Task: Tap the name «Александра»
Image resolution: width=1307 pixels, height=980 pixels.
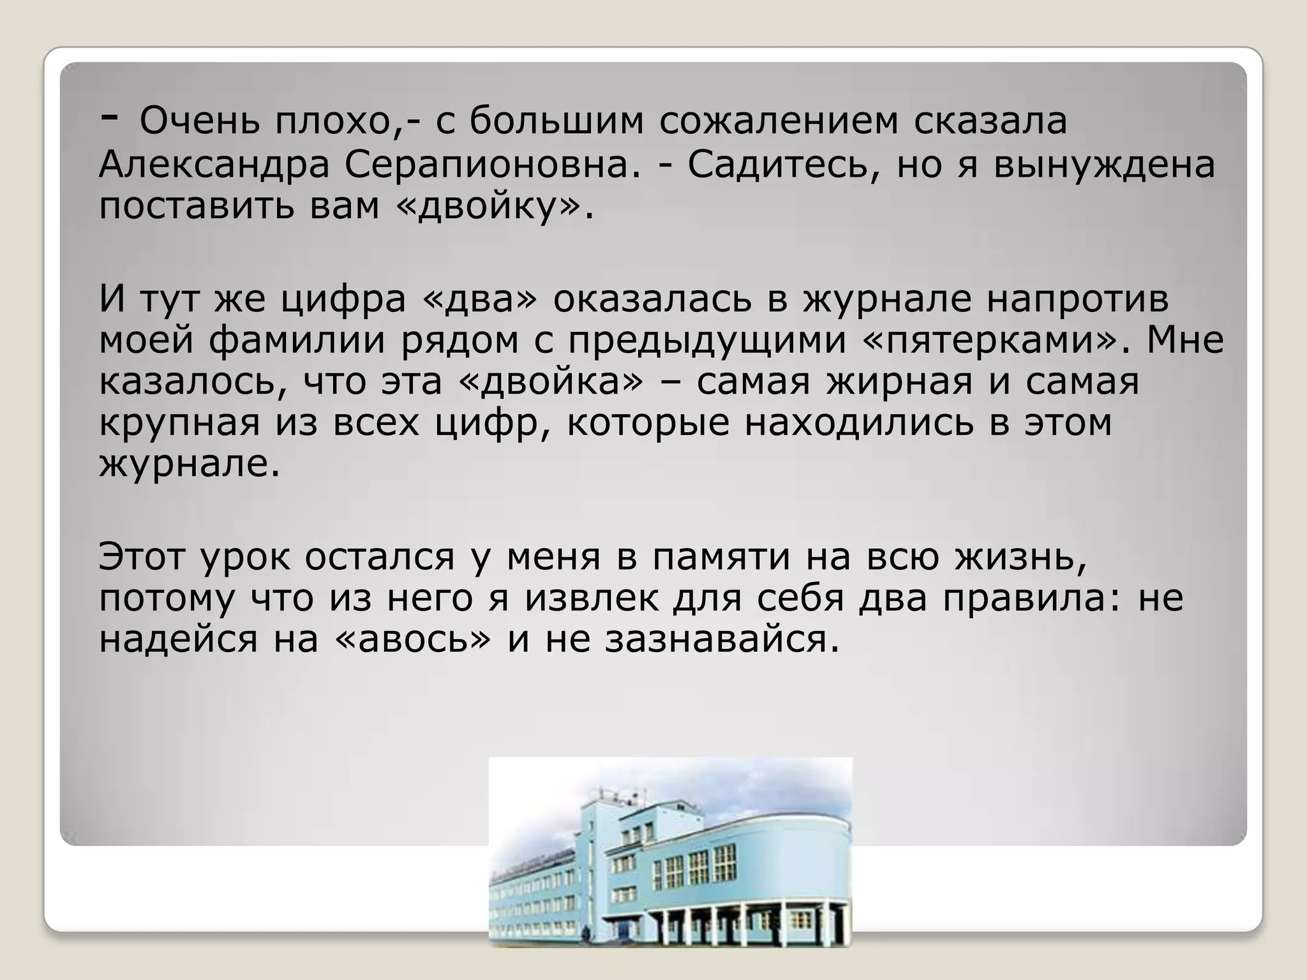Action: (214, 165)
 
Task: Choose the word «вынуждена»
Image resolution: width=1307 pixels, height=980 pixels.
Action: (1105, 166)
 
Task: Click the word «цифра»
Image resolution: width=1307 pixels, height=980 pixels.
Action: (344, 299)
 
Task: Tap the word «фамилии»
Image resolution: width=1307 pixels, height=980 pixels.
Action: (297, 340)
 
